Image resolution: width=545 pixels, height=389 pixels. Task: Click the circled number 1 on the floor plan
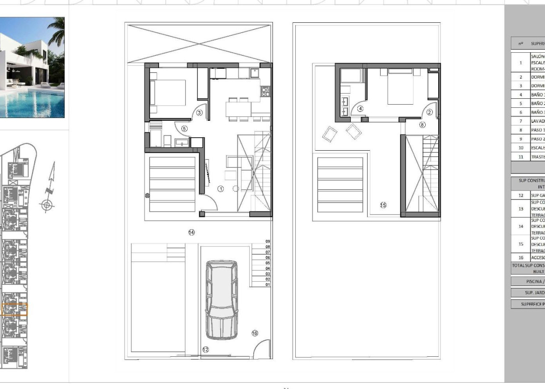pos(220,189)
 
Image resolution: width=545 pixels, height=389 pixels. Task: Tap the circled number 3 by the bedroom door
pos(200,113)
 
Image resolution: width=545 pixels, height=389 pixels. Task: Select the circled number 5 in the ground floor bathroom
pos(184,128)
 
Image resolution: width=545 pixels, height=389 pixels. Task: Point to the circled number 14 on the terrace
pos(191,232)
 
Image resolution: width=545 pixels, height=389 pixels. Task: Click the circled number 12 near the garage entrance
pos(205,350)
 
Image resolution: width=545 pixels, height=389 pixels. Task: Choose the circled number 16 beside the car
pos(255,333)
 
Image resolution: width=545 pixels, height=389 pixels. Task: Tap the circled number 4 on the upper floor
pos(361,108)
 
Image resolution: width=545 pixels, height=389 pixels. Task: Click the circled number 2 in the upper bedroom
pos(430,112)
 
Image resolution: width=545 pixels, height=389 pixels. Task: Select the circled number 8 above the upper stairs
pos(422,125)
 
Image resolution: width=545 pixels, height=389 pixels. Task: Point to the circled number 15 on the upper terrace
pos(383,205)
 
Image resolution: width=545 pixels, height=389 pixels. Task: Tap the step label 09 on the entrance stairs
pos(268,241)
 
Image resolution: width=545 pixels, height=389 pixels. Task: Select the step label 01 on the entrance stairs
pos(268,284)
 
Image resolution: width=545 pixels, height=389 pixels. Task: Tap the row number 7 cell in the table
pos(520,121)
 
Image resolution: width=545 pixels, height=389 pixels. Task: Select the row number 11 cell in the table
pos(520,157)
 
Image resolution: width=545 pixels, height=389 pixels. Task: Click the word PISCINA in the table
pos(535,281)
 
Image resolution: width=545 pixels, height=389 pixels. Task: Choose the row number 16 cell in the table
pos(520,258)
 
